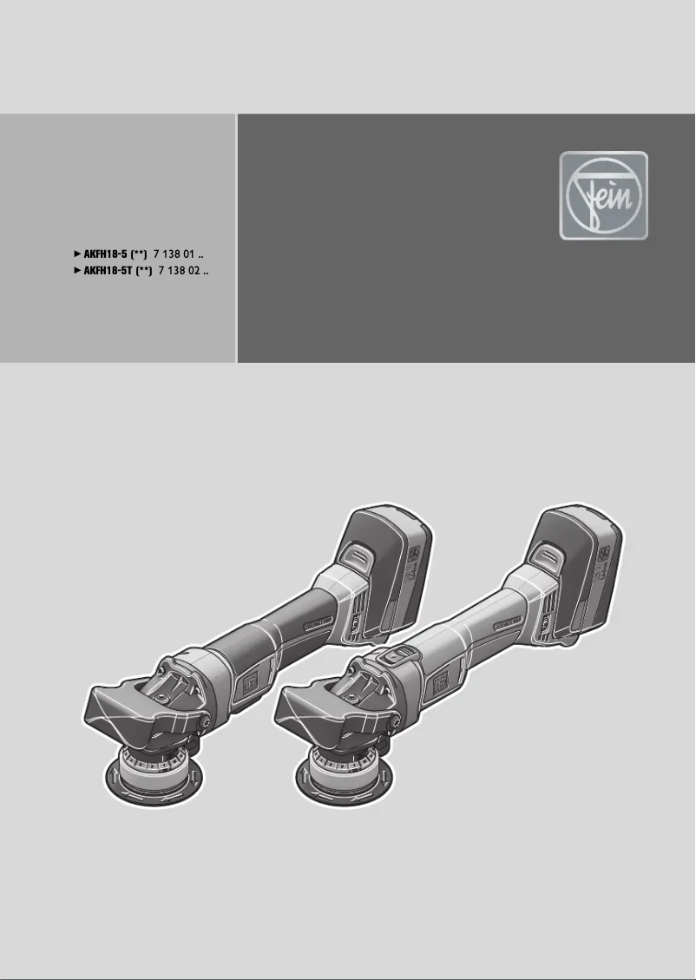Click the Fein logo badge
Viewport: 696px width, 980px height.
pos(603,195)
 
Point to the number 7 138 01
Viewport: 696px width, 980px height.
pos(177,254)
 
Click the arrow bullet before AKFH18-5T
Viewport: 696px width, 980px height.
pos(75,271)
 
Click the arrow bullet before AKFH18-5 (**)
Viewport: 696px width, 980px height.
pos(75,254)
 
